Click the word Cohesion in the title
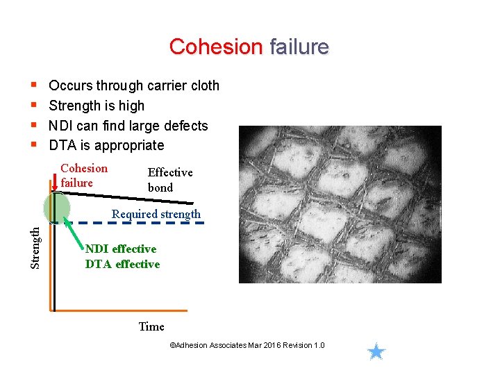coord(216,47)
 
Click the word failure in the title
coord(299,47)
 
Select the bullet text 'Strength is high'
coord(97,106)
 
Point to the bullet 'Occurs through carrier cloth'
coord(134,86)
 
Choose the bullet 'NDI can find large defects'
coord(128,126)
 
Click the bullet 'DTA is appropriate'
coord(106,145)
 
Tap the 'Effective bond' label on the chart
coord(169,179)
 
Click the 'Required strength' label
coord(156,214)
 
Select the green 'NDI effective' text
coord(121,249)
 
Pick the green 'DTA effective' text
coord(122,264)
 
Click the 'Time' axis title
coord(151,326)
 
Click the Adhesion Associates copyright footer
coord(247,346)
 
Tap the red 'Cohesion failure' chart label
coord(83,175)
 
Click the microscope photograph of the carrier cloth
coord(340,204)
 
